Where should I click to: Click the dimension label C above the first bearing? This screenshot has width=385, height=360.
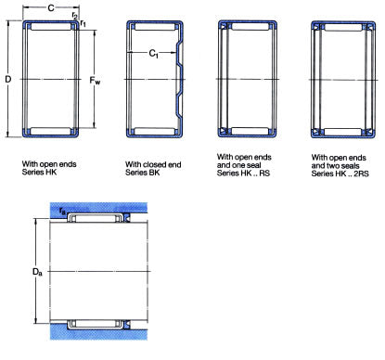(x=51, y=7)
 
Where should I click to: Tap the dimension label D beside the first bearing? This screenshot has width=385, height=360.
(x=8, y=79)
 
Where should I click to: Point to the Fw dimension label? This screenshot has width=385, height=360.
(x=95, y=81)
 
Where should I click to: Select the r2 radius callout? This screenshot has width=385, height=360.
(x=74, y=15)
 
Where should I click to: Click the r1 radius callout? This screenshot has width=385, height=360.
(x=83, y=22)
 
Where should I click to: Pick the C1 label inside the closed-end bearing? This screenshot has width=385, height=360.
(x=153, y=54)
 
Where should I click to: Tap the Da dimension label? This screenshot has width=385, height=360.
(x=37, y=272)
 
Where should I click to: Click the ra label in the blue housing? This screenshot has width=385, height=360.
(x=62, y=211)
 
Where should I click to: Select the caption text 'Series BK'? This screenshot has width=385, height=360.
(x=142, y=173)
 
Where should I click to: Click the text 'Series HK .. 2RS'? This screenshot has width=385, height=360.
(x=340, y=174)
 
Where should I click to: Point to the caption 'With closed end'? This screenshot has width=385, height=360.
(x=153, y=164)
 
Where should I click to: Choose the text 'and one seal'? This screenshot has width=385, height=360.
(x=238, y=165)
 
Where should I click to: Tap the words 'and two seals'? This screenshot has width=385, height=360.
(x=335, y=166)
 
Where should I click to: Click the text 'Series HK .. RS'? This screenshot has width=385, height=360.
(x=243, y=174)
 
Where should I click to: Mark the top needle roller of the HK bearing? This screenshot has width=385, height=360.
(x=51, y=27)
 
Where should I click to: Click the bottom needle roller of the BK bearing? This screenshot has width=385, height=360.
(x=155, y=132)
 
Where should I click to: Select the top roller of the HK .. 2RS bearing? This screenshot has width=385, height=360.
(x=343, y=28)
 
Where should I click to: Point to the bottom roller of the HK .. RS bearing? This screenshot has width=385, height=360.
(x=250, y=131)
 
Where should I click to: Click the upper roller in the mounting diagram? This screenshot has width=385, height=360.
(x=96, y=218)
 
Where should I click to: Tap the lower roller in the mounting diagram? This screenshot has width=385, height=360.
(x=96, y=324)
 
